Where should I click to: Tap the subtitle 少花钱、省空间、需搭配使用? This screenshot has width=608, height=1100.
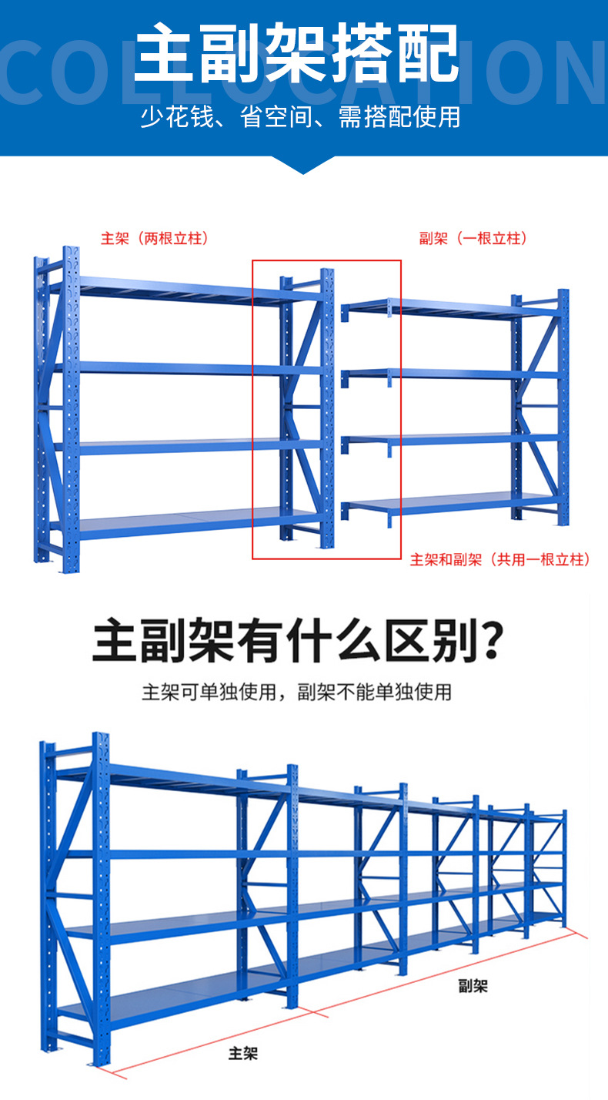coord(300,117)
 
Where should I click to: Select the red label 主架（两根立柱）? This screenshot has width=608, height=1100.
coord(155,238)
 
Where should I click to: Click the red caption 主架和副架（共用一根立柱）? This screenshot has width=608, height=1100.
coord(500,560)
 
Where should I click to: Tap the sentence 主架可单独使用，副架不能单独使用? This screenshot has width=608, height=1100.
coord(296,692)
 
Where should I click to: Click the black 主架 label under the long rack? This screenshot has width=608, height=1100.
coord(243,1053)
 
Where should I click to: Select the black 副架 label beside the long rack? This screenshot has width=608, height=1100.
coord(473,985)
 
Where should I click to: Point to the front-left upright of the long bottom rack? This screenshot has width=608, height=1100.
coord(101,894)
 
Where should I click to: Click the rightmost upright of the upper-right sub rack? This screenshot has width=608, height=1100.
coord(563,408)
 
